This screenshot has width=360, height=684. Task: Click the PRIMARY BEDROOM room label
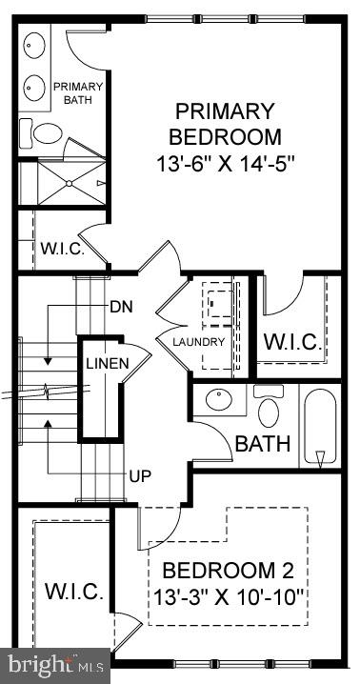click(226, 124)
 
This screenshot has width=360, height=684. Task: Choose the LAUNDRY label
click(199, 342)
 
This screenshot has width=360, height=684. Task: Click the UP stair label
click(140, 474)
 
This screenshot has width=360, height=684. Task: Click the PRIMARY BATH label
click(83, 92)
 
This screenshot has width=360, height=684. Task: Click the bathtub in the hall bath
click(320, 425)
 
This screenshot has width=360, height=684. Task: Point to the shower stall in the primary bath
click(64, 182)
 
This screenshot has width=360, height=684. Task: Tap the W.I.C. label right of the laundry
click(292, 341)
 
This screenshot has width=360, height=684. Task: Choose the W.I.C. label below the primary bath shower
click(62, 250)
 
